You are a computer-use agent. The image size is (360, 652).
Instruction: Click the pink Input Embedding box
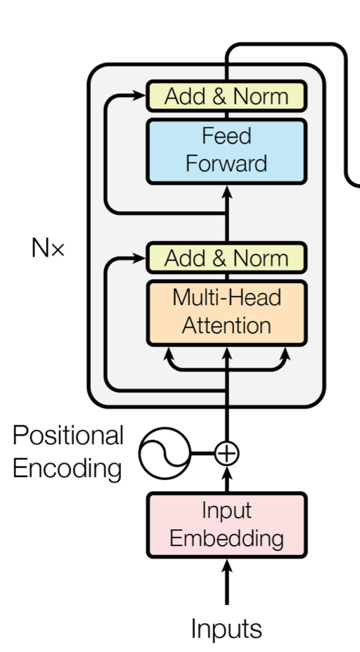pos(227,525)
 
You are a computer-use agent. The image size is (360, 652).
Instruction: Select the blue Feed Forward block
pos(227,151)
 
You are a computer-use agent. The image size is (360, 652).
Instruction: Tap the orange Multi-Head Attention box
pos(227,313)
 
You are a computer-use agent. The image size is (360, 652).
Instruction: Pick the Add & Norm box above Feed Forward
pos(227,96)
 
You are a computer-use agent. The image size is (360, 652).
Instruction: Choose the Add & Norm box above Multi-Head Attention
pos(227,259)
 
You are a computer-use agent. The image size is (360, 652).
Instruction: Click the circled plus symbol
pos(227,453)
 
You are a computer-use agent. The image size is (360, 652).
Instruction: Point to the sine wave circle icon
pos(165,453)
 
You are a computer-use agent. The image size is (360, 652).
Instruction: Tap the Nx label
pos(48,248)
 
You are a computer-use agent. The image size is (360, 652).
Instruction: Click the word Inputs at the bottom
pos(227,628)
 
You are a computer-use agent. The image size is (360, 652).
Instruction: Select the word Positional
pos(68,436)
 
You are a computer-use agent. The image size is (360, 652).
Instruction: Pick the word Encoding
pos(67,468)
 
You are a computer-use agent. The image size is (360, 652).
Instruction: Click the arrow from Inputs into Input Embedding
pos(227,582)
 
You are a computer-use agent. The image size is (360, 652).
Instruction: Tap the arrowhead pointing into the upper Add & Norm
pos(139,96)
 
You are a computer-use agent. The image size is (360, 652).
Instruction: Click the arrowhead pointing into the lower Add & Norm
pos(139,259)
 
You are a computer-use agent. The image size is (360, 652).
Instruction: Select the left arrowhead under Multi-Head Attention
pos(168,354)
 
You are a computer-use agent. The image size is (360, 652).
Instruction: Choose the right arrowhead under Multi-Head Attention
pos(285,354)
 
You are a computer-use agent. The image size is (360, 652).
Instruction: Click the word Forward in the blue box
pos(226,164)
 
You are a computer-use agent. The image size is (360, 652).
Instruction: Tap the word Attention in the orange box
pos(227,325)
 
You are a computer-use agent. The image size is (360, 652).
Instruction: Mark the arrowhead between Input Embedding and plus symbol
pos(227,474)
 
